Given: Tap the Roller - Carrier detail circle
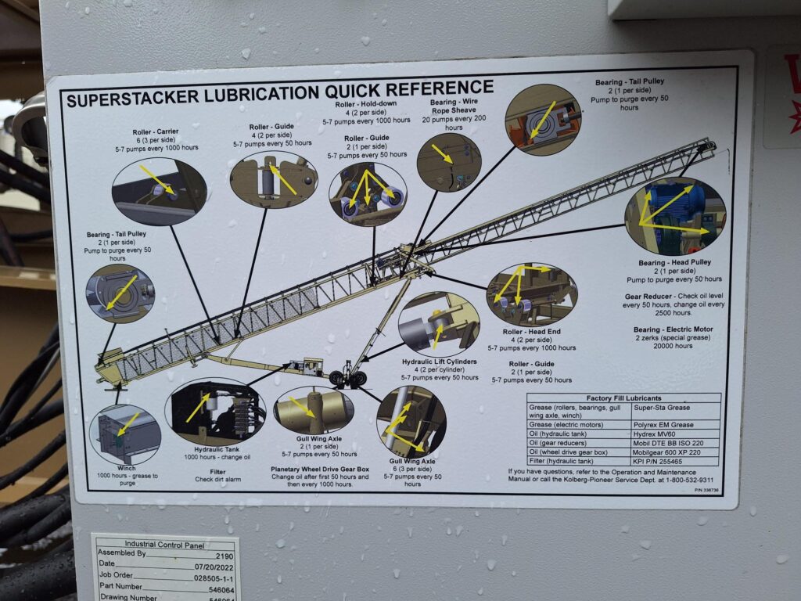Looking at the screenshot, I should pyautogui.click(x=159, y=191).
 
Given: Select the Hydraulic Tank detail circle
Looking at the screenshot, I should pyautogui.click(x=215, y=412).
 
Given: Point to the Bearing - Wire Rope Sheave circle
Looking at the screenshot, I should pyautogui.click(x=448, y=162).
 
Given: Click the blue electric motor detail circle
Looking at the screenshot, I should pyautogui.click(x=675, y=214).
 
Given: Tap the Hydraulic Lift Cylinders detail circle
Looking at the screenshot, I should pyautogui.click(x=438, y=322).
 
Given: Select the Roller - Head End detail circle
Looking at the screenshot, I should pyautogui.click(x=531, y=294).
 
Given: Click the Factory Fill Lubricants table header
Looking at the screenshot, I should pyautogui.click(x=623, y=398).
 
